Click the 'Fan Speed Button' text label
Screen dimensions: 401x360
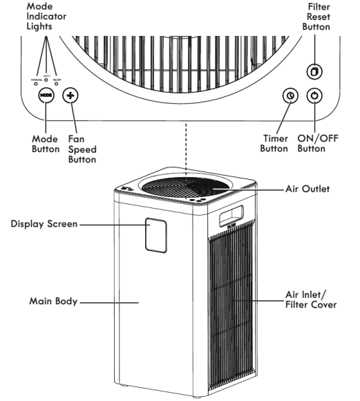coord(82,149)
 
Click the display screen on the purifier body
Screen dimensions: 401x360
coord(157,234)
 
